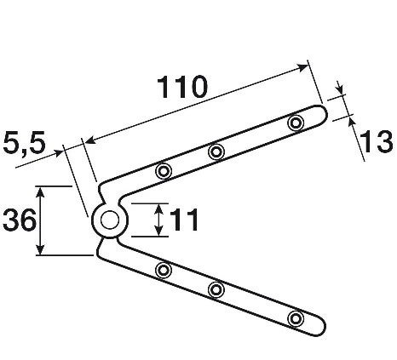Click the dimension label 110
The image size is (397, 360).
(182, 87)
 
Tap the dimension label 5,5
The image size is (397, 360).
(24, 143)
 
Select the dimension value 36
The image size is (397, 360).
(20, 220)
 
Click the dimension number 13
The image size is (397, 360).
(376, 141)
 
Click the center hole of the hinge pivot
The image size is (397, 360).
(110, 220)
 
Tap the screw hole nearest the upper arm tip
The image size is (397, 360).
(296, 123)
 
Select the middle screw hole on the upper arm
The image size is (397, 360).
(216, 151)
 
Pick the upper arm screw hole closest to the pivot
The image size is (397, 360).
(164, 171)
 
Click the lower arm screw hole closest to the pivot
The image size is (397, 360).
(164, 270)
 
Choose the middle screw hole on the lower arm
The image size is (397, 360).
(216, 289)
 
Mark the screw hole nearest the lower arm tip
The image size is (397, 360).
(296, 318)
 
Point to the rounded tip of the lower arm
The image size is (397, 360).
(325, 327)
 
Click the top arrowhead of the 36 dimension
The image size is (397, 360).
(41, 192)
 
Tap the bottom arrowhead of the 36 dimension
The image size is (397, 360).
(41, 249)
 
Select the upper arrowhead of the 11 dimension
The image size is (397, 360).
(159, 209)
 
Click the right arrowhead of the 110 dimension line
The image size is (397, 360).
(302, 67)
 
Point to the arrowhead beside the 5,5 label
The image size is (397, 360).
(58, 153)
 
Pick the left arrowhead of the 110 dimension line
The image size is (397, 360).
(90, 140)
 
